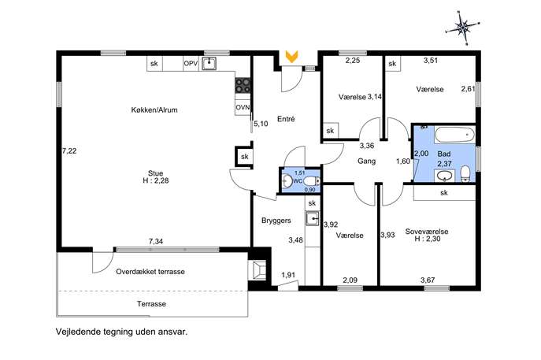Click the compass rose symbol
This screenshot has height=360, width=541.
pos(462,28)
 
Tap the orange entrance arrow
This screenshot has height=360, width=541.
pos(291,57)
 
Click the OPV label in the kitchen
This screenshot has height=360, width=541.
pos(191,64)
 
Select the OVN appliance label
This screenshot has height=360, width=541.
pos(243,108)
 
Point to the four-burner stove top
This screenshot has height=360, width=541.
pos(243,86)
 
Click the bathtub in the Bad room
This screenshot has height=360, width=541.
pos(454,135)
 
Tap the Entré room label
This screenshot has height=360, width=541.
pos(286,119)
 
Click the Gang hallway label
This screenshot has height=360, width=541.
pos(366,161)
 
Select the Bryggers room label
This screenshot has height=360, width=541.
pos(276,221)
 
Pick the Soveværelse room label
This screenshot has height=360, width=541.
pos(427,232)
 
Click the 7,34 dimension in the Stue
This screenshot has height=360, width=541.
pos(156,242)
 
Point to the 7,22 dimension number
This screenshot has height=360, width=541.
pos(69,150)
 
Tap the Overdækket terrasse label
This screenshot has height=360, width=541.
pos(150,272)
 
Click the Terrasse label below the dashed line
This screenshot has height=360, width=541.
pos(151,304)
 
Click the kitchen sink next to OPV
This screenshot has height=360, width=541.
pos(209,64)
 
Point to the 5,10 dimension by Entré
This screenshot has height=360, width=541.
pos(261,124)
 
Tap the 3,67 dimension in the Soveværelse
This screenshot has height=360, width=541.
pos(428,280)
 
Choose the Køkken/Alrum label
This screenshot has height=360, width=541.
pos(154,110)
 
